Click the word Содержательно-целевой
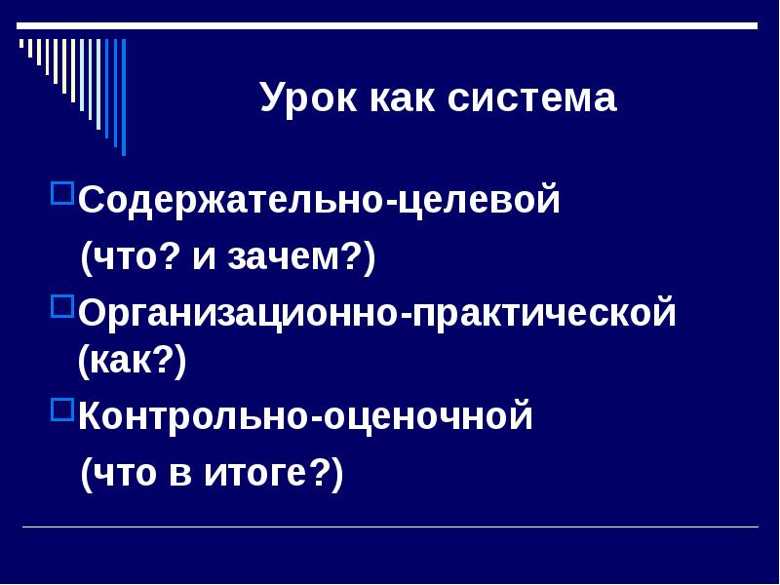(x=320, y=201)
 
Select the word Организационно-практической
(x=377, y=314)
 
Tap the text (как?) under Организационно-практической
(x=133, y=362)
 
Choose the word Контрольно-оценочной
(x=306, y=417)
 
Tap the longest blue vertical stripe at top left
(x=123, y=97)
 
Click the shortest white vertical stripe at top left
(x=21, y=44)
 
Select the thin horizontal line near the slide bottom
(x=390, y=527)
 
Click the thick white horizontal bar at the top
(x=390, y=25)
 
